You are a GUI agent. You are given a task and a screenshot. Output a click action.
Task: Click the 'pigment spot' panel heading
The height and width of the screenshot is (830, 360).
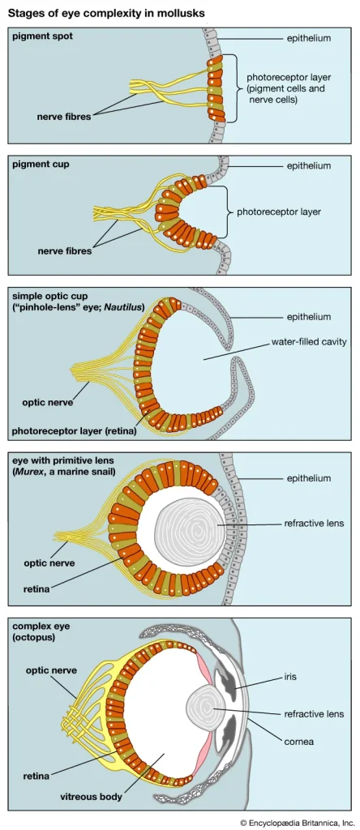(x=42, y=37)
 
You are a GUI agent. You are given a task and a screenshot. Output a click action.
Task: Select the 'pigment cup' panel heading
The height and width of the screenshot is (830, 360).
(x=41, y=164)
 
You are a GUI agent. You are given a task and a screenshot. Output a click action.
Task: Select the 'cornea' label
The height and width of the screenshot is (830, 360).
(x=300, y=740)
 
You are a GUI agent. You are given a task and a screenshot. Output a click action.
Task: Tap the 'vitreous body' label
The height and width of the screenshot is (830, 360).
(x=92, y=797)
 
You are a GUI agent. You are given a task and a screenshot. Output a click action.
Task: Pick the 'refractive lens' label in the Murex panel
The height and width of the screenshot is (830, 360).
(x=314, y=524)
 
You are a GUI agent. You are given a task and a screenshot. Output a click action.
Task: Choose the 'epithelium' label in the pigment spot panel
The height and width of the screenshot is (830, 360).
(x=309, y=39)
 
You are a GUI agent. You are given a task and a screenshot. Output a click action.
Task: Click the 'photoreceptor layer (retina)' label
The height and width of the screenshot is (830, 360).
(x=74, y=431)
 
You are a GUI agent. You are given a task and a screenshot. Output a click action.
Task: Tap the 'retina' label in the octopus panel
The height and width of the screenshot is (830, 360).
(x=36, y=776)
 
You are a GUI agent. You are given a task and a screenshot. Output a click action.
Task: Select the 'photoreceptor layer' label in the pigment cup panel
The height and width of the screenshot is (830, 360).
(x=279, y=212)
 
